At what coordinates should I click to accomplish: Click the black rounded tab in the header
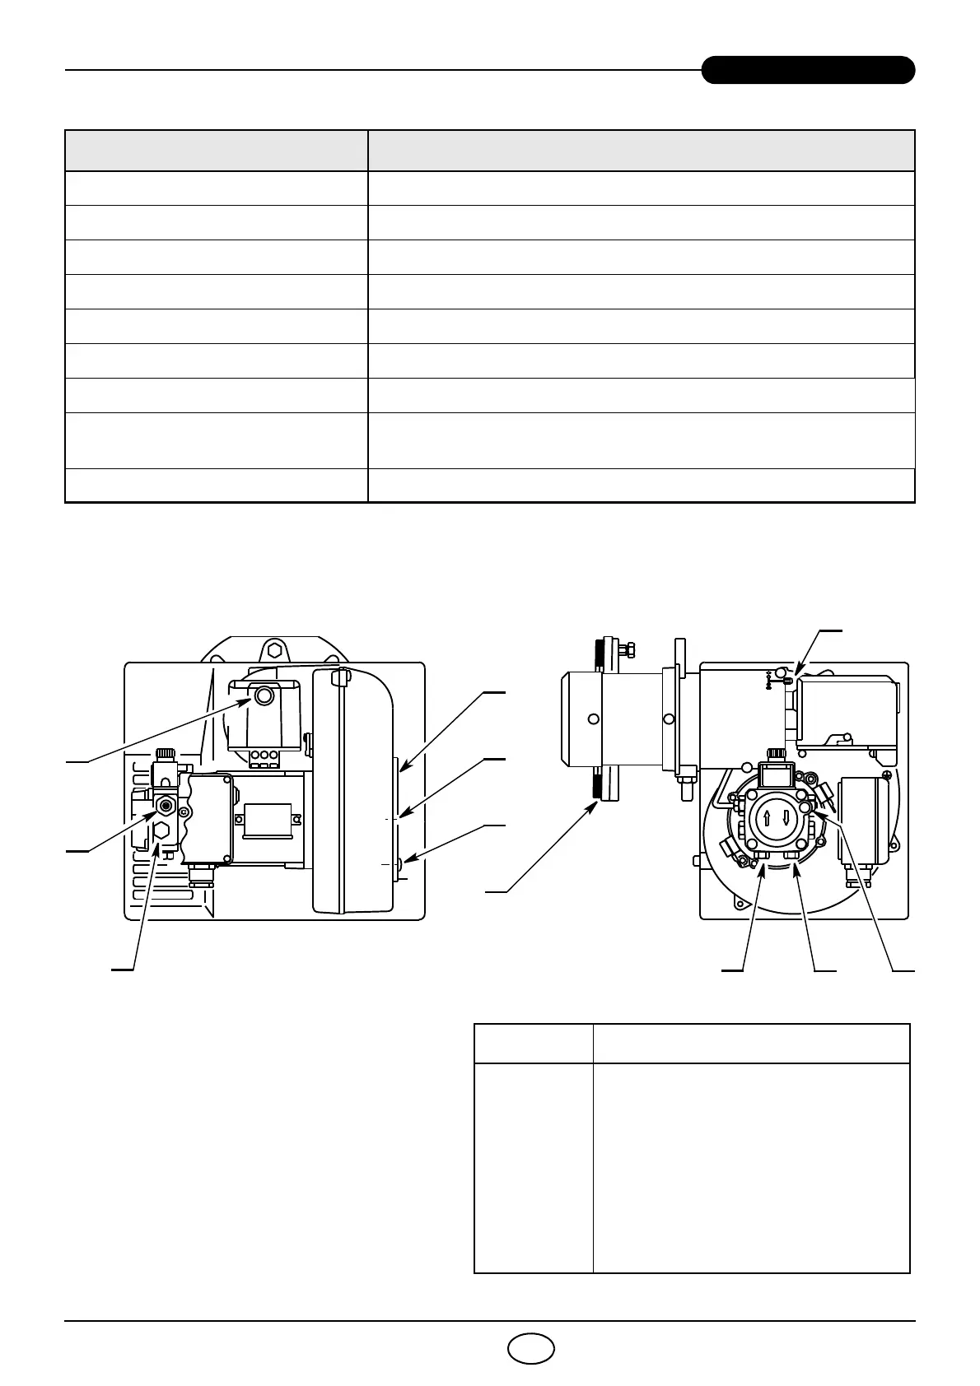click(x=808, y=70)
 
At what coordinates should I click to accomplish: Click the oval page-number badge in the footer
click(x=530, y=1348)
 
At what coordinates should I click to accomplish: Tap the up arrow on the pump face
click(x=767, y=820)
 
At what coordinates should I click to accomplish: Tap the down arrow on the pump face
click(x=786, y=820)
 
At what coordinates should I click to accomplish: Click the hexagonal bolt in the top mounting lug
click(x=274, y=650)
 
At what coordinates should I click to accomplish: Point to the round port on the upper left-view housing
click(x=264, y=697)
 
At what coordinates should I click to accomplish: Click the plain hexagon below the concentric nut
click(x=162, y=831)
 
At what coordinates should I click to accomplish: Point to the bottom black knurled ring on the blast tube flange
click(x=593, y=785)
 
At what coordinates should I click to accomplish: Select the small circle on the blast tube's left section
click(x=593, y=719)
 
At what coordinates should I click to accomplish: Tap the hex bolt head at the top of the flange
click(x=625, y=649)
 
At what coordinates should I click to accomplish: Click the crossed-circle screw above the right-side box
click(x=886, y=775)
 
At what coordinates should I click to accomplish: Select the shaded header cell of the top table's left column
click(x=216, y=151)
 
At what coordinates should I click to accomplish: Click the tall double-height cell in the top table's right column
click(x=641, y=440)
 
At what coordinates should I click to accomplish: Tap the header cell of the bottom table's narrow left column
click(x=534, y=1044)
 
